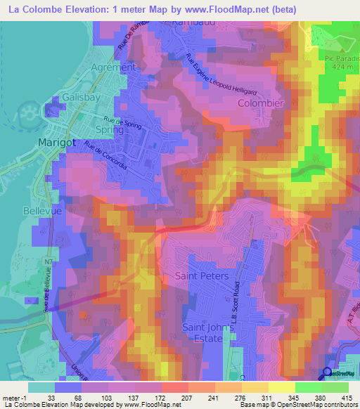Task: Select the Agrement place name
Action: tap(112, 67)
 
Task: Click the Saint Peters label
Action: tap(202, 276)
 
